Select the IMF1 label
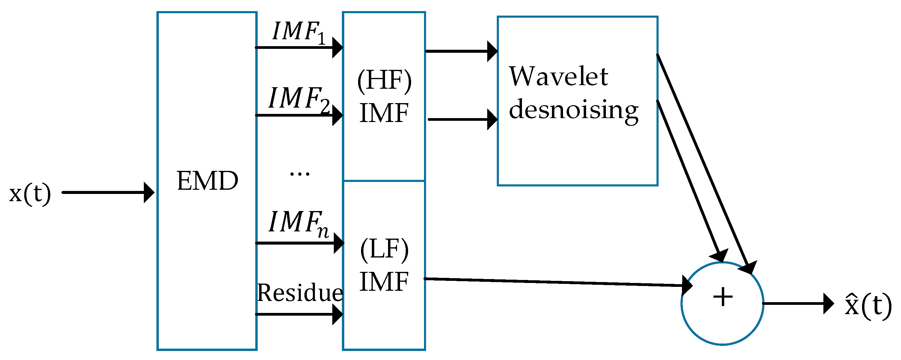tap(298, 32)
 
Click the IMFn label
tap(298, 223)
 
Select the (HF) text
tap(384, 80)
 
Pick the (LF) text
tap(384, 249)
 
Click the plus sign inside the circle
tap(723, 297)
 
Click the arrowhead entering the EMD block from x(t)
tap(149, 192)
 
